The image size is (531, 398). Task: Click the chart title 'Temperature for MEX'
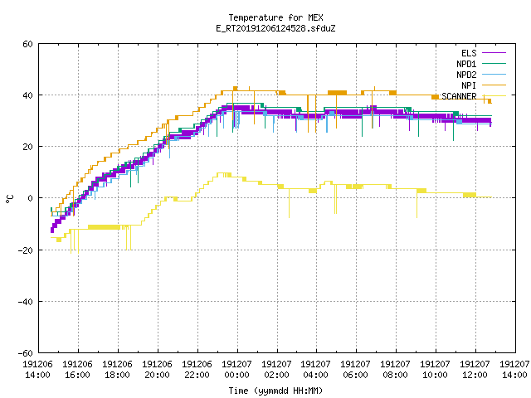tap(275, 17)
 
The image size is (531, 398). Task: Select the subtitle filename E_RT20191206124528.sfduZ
tap(275, 28)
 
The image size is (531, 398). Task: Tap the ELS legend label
tap(469, 53)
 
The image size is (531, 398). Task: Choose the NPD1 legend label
tap(466, 64)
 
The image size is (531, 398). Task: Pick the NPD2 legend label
tap(466, 75)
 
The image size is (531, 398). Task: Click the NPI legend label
tap(469, 85)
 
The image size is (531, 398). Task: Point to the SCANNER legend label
tap(459, 96)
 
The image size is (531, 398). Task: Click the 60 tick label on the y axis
tap(27, 44)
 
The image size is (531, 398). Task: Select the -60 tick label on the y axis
tap(26, 353)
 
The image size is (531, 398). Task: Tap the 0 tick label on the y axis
tap(31, 198)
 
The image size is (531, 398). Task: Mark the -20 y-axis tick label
tap(26, 250)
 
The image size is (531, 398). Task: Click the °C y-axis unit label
tap(9, 199)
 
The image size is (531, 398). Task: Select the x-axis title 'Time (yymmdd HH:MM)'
tap(275, 391)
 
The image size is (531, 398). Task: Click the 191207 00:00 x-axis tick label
tap(236, 370)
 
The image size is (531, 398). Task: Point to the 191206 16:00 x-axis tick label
tap(77, 370)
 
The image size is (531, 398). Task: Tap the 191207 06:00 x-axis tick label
tap(356, 370)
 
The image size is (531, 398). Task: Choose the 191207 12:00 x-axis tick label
tap(475, 370)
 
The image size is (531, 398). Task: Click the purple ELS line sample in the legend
tap(494, 53)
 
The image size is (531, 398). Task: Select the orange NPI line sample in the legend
tap(494, 85)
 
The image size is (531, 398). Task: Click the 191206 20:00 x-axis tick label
tap(157, 370)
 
